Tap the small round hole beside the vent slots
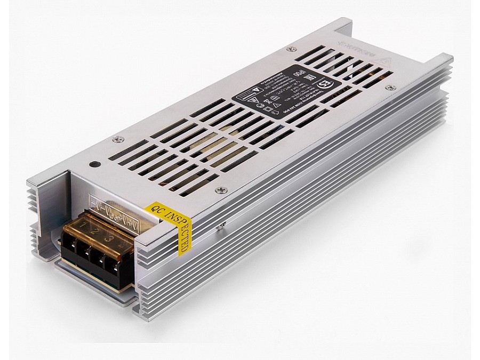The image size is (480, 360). [x=94, y=165]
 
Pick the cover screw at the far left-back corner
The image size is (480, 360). [x=290, y=49]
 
